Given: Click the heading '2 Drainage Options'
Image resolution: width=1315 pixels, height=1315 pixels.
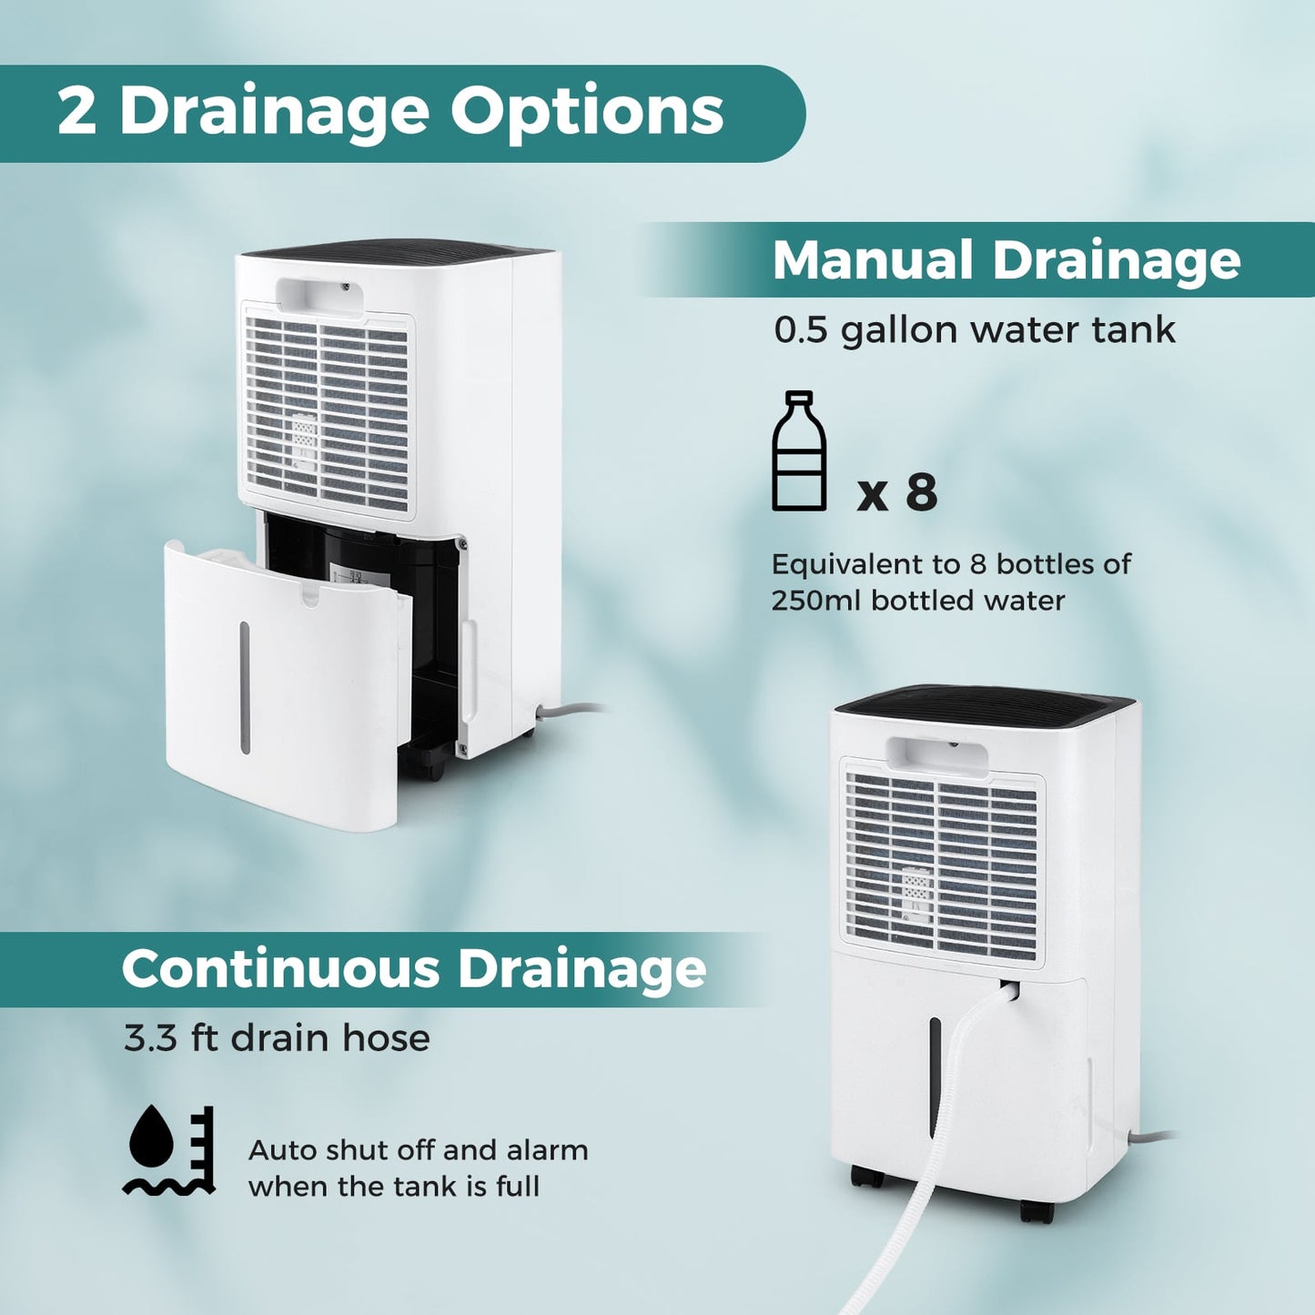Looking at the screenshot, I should tap(389, 112).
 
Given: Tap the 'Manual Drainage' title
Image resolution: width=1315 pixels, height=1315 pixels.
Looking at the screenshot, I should tap(1006, 260).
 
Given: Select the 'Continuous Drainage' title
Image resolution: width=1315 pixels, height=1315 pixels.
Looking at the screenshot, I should tap(414, 968).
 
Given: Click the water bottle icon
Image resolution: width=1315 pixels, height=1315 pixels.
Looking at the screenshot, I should tap(799, 451).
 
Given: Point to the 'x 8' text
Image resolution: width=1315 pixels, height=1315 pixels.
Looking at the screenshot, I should tap(897, 493).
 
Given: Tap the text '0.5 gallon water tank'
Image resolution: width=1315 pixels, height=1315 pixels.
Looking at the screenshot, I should tap(974, 329).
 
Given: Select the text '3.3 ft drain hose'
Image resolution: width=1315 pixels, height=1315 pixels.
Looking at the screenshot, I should tap(277, 1037).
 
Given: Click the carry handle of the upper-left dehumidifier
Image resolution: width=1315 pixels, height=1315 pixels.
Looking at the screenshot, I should tap(319, 297).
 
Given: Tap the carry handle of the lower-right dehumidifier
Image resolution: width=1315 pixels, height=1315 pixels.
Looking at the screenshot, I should tap(938, 756).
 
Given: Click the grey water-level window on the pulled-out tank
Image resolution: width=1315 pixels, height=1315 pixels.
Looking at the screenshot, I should tap(245, 687).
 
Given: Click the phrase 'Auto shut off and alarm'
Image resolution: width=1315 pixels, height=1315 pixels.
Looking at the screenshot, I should tap(418, 1150).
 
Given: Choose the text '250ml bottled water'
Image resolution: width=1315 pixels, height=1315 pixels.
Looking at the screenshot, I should tap(917, 601).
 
